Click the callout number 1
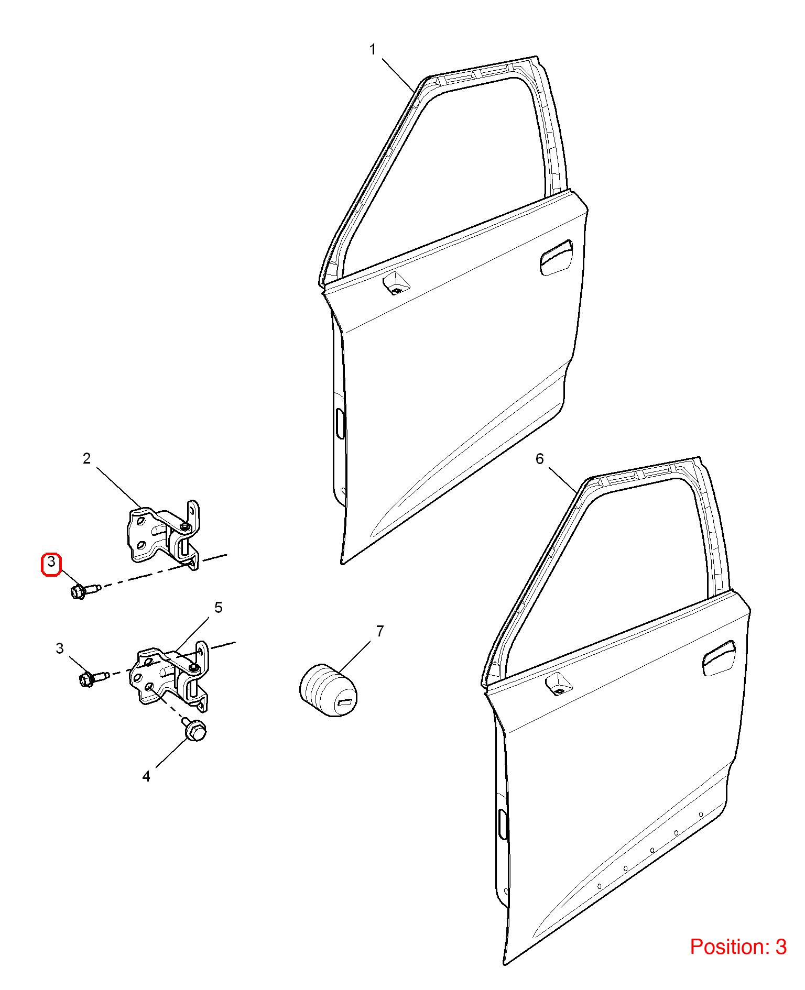373,50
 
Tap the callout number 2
87,458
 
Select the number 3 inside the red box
51,562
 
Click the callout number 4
146,776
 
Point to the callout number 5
219,608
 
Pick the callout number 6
540,459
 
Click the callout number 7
380,631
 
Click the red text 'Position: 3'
738,947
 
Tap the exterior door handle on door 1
556,257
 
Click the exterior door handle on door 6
719,658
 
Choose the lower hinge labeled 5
169,676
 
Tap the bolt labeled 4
194,729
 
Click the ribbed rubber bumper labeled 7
329,690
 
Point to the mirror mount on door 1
396,283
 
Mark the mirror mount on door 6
558,684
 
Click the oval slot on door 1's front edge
340,423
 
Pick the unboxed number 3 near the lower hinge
60,648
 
